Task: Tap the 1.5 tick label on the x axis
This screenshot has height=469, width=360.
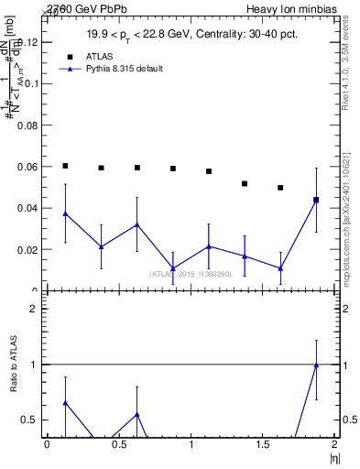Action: (x=262, y=443)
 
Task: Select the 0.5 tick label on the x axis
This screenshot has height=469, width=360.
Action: (x=118, y=443)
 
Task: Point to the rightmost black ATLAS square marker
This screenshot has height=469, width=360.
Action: (x=316, y=200)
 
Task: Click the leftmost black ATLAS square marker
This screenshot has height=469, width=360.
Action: (x=65, y=166)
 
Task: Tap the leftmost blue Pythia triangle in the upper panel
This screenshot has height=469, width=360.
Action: (x=65, y=213)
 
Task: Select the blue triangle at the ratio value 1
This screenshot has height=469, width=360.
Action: (x=316, y=365)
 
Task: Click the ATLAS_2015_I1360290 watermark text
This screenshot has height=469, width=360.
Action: (x=191, y=274)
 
